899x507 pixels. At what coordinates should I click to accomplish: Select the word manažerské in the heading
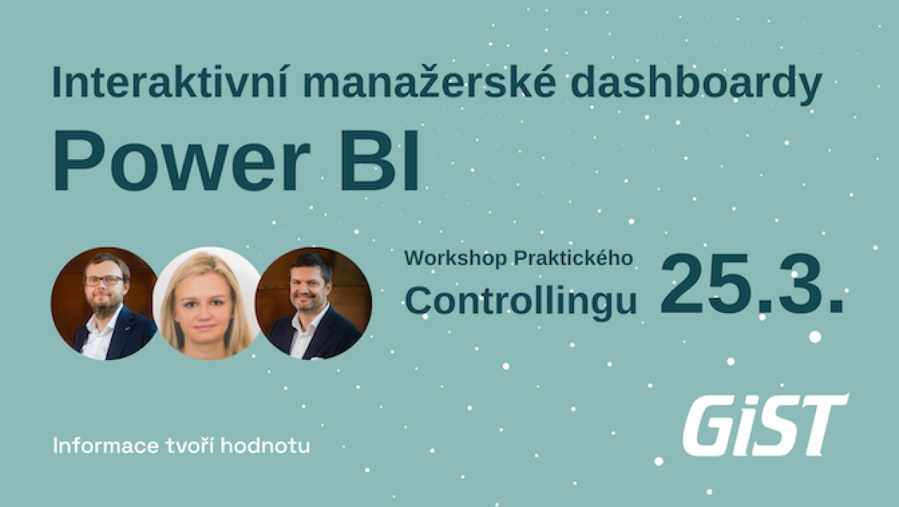pyautogui.click(x=429, y=82)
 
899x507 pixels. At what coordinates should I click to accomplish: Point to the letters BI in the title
pyautogui.click(x=379, y=161)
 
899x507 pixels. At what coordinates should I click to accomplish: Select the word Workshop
pyautogui.click(x=456, y=258)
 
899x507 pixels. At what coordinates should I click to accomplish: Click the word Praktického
pyautogui.click(x=573, y=257)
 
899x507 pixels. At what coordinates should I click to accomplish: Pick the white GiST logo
pyautogui.click(x=765, y=425)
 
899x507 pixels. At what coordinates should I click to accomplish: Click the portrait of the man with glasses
pyautogui.click(x=104, y=304)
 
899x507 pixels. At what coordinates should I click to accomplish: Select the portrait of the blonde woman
pyautogui.click(x=207, y=304)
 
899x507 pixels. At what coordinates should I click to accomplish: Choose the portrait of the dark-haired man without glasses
pyautogui.click(x=313, y=304)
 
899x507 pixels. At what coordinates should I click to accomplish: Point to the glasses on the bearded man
pyautogui.click(x=104, y=281)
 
